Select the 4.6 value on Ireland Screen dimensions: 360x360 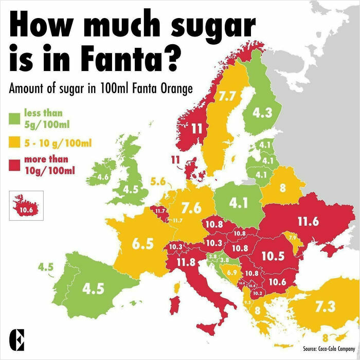(x=103, y=177)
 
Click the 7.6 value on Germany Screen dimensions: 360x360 (x=191, y=207)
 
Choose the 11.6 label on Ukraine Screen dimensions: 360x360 (x=308, y=222)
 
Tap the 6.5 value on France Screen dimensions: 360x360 (x=143, y=244)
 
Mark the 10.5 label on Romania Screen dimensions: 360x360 (x=273, y=256)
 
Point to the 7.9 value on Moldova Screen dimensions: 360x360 (x=292, y=238)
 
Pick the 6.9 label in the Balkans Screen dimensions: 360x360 (x=231, y=272)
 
